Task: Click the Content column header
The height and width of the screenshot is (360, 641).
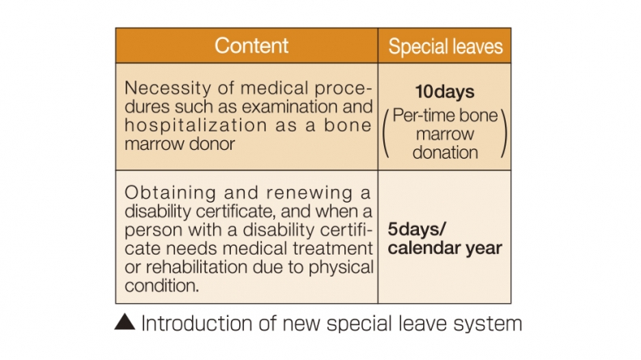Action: pos(251,45)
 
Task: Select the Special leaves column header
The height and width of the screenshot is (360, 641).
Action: pos(445,46)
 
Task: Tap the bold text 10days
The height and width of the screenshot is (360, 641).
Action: pos(445,92)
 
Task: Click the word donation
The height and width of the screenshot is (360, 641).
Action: pos(445,152)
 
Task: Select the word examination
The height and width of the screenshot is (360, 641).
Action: pos(289,107)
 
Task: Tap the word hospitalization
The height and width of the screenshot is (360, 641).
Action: pos(196,126)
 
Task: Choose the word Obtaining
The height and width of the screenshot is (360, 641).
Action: pos(170,193)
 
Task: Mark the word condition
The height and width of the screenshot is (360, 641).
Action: pos(161,285)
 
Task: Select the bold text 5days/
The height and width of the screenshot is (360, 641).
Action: pos(417,229)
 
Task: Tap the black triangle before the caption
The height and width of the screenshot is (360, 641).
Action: pos(125,322)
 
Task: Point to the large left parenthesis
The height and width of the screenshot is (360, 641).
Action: pos(385,134)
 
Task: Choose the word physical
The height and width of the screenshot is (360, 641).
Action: pos(341,268)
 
